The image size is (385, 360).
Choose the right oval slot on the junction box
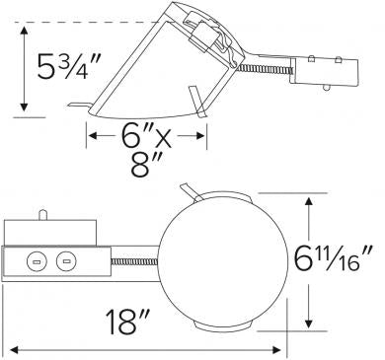67,261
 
